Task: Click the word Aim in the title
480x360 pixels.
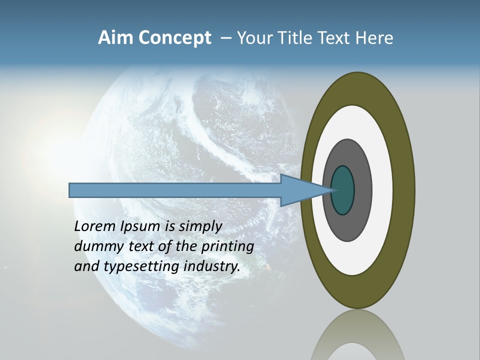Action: pyautogui.click(x=116, y=38)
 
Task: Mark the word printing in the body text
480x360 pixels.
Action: pyautogui.click(x=227, y=246)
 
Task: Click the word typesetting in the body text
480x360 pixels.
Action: pyautogui.click(x=142, y=266)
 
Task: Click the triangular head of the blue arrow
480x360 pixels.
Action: pyautogui.click(x=300, y=190)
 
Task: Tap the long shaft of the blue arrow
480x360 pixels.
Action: pyautogui.click(x=175, y=190)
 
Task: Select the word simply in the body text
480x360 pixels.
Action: pyautogui.click(x=200, y=226)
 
